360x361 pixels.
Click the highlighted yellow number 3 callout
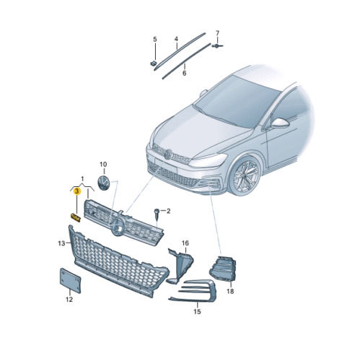coord(77,191)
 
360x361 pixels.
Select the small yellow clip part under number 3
coord(75,217)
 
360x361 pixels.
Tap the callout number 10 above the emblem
coord(103,165)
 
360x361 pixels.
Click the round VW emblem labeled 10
coord(104,183)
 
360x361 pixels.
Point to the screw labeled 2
coord(157,214)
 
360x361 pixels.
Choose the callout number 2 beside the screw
coord(168,211)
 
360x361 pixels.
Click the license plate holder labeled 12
coord(70,280)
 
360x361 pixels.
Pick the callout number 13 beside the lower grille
coord(61,243)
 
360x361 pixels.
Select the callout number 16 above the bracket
coord(185,243)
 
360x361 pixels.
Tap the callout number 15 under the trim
coord(197,312)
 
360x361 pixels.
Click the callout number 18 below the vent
coord(230,292)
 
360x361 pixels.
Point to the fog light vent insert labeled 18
coord(223,269)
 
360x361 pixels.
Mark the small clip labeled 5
coord(154,64)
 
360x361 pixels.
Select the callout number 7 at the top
coord(217,32)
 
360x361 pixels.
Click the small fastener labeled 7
coord(217,45)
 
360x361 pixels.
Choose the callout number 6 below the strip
coord(184,73)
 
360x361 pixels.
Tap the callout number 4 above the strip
coord(176,39)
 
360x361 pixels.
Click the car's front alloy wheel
coord(245,175)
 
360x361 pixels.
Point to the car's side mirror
coord(279,123)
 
